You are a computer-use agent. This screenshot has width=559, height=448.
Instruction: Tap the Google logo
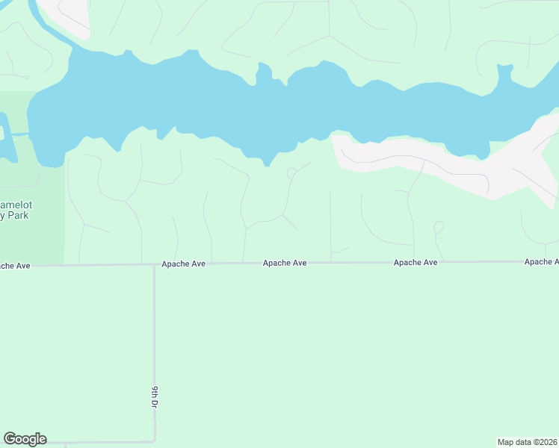point(25,439)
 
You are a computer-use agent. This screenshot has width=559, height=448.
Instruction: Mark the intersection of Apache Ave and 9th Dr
point(155,264)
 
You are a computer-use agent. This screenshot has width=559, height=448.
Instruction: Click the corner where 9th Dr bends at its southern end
point(155,441)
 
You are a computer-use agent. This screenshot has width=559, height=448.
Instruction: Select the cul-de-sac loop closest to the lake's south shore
point(291,173)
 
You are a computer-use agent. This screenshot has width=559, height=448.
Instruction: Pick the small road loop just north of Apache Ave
point(439,226)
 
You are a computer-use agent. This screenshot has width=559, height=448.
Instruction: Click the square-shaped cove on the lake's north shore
point(504,72)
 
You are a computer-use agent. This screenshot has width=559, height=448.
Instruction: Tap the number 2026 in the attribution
point(547,441)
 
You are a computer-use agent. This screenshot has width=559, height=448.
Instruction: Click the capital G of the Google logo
point(10,439)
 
